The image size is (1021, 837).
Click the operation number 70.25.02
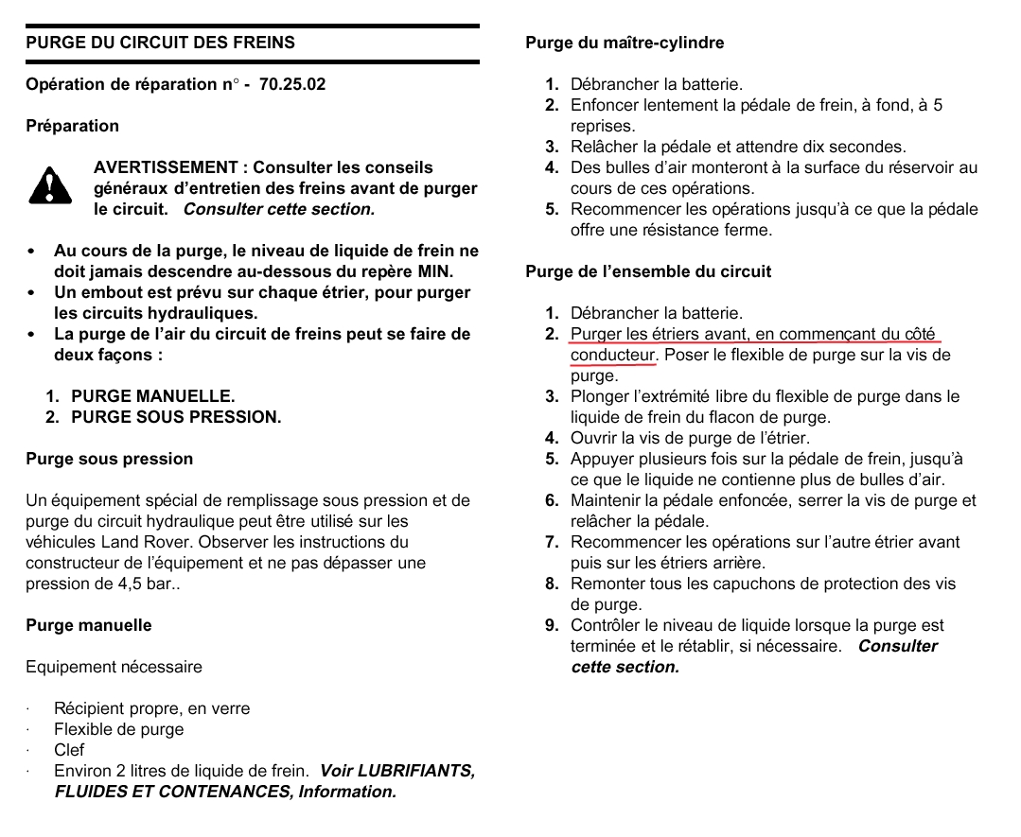click(x=291, y=84)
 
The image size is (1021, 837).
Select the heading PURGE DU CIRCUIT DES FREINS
click(x=160, y=43)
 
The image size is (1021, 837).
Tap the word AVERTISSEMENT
click(x=166, y=167)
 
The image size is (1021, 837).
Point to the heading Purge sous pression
click(x=109, y=459)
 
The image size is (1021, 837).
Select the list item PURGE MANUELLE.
click(x=152, y=396)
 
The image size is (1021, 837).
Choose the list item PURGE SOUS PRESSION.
click(x=176, y=417)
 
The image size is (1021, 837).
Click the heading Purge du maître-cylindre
click(x=625, y=43)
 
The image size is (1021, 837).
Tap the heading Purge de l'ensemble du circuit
click(x=648, y=271)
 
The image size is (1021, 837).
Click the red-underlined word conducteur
click(x=612, y=355)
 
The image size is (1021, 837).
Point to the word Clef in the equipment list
click(x=69, y=750)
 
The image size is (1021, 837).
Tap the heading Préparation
click(x=72, y=126)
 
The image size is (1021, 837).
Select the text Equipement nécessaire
click(x=114, y=667)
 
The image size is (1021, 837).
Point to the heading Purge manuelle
click(x=88, y=625)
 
